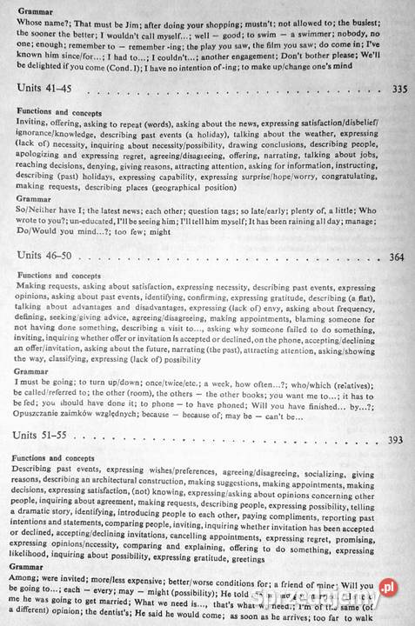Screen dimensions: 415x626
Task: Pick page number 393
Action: pyautogui.click(x=395, y=440)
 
